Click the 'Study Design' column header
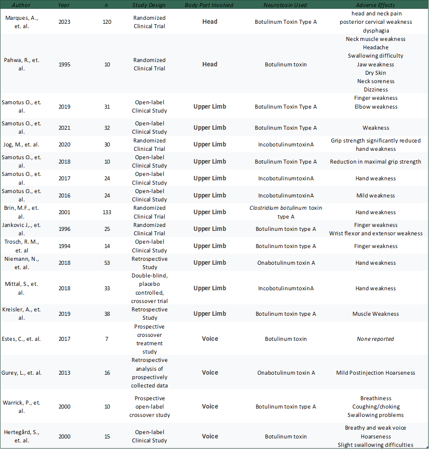pos(149,5)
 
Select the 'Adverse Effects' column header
pos(376,5)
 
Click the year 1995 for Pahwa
pos(64,64)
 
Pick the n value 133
pos(107,212)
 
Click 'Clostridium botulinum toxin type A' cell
pos(286,212)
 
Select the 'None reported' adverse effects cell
pos(376,339)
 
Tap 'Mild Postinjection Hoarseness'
pos(376,373)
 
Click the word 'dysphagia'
pos(376,31)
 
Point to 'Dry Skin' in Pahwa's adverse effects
pos(376,73)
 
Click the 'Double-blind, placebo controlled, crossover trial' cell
pos(149,288)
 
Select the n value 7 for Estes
pos(107,339)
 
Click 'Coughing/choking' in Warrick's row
pos(376,407)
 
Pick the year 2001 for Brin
pos(64,212)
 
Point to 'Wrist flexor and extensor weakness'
pos(376,234)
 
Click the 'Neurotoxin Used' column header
pos(286,5)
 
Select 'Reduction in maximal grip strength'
pos(376,161)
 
